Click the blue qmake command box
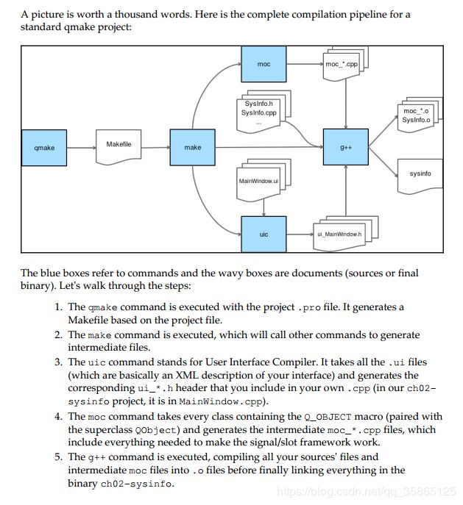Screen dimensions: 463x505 pyautogui.click(x=44, y=148)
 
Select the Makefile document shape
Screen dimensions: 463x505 pyautogui.click(x=119, y=146)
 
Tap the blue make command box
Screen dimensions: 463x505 pyautogui.click(x=192, y=148)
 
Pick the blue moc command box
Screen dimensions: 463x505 pyautogui.click(x=264, y=64)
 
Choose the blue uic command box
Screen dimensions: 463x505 pyautogui.click(x=264, y=234)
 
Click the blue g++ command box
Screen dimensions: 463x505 pyautogui.click(x=346, y=147)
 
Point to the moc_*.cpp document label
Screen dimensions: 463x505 pyautogui.click(x=342, y=64)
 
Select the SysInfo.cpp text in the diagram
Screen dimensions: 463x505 pyautogui.click(x=259, y=112)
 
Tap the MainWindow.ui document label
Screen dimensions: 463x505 pyautogui.click(x=258, y=181)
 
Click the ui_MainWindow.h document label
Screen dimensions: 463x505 pyautogui.click(x=339, y=234)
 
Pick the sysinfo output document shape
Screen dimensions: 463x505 pyautogui.click(x=420, y=176)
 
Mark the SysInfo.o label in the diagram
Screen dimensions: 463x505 pyautogui.click(x=416, y=120)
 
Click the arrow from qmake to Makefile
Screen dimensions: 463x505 pyautogui.click(x=81, y=148)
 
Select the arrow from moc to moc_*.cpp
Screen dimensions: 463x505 pyautogui.click(x=305, y=64)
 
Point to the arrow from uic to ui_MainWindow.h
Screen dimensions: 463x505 pyautogui.click(x=300, y=234)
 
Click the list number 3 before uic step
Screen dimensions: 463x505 pyautogui.click(x=58, y=362)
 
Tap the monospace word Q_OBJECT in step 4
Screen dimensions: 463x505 pyautogui.click(x=328, y=417)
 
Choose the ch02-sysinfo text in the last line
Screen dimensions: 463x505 pyautogui.click(x=136, y=484)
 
